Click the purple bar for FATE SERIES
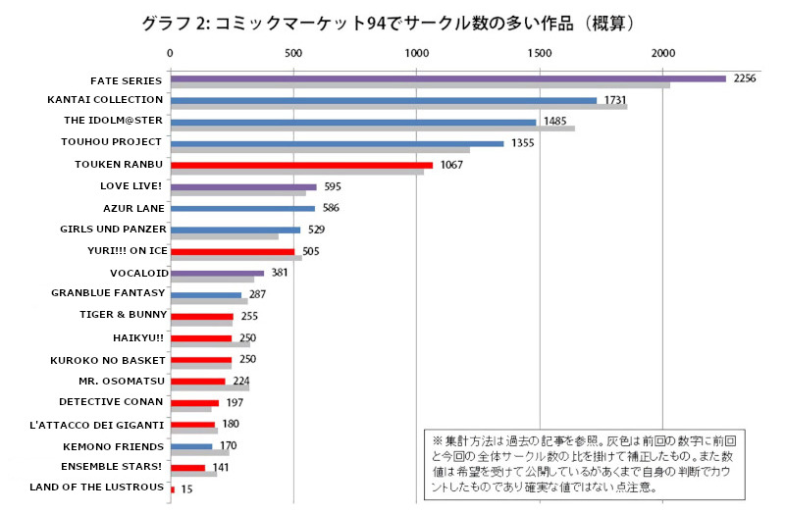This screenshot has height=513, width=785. tap(448, 78)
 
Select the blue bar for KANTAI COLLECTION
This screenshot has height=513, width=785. tap(384, 100)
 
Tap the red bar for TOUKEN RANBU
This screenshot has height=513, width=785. tap(302, 165)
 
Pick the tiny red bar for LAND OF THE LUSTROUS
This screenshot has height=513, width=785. tap(173, 488)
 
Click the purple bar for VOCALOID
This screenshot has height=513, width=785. tap(218, 273)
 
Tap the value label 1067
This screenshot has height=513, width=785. tap(451, 165)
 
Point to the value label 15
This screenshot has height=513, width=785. tap(186, 488)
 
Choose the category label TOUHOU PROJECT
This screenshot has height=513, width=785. tap(118, 143)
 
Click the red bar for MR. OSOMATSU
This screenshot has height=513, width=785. tap(198, 381)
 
